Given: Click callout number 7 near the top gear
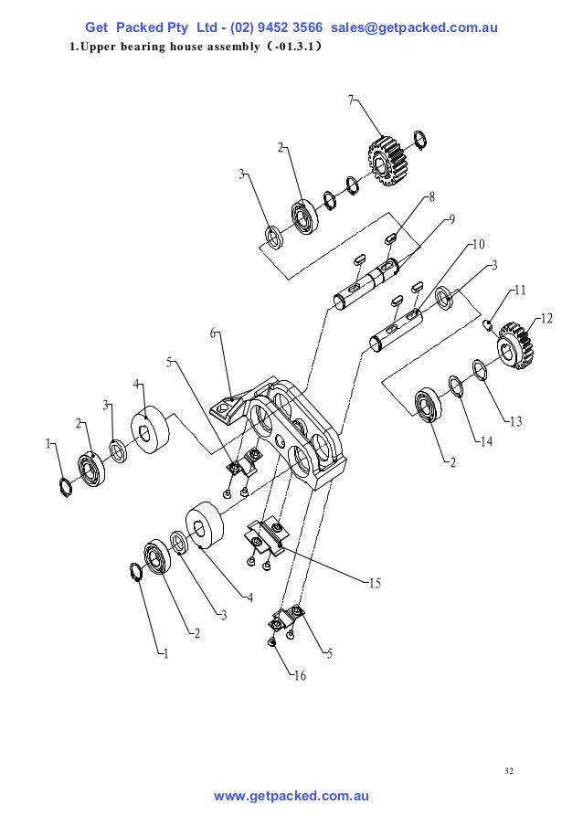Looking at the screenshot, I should pyautogui.click(x=350, y=100).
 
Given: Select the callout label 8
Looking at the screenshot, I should pyautogui.click(x=431, y=196).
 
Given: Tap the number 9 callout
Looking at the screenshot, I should pyautogui.click(x=450, y=218).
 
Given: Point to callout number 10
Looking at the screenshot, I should pyautogui.click(x=477, y=244).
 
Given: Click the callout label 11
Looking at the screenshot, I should pyautogui.click(x=519, y=291).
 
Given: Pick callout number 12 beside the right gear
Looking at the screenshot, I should pyautogui.click(x=546, y=318).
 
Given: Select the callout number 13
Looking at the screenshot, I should pyautogui.click(x=515, y=421).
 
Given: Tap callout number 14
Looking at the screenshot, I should pyautogui.click(x=486, y=441).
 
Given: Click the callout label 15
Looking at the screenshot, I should pyautogui.click(x=374, y=582).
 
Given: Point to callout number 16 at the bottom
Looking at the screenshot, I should pyautogui.click(x=300, y=676).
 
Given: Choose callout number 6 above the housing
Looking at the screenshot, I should pyautogui.click(x=213, y=333).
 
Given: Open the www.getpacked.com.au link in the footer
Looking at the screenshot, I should pyautogui.click(x=291, y=797).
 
